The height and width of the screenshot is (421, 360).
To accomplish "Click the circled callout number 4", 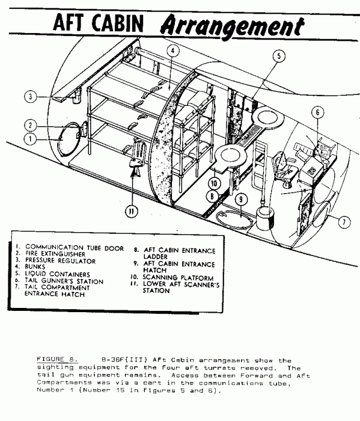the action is (172, 51).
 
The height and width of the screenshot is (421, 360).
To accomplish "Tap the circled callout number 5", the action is (279, 56).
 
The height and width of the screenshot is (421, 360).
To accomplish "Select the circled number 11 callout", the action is (132, 211).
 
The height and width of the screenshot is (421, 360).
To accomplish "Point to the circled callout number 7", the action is (344, 222).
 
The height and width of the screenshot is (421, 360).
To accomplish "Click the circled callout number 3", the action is (30, 96).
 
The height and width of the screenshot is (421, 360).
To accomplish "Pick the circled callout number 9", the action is (241, 199).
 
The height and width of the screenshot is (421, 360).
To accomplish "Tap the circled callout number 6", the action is (317, 112).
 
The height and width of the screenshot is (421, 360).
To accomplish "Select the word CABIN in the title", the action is (118, 23).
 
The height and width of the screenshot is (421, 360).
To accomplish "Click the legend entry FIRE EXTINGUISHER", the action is (55, 254).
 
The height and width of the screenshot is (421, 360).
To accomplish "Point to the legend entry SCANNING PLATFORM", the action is (178, 277).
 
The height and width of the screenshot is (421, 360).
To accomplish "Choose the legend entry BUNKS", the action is (35, 267).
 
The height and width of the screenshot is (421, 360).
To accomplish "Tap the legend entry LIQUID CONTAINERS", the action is (58, 274).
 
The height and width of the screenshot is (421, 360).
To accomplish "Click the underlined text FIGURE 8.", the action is (57, 359).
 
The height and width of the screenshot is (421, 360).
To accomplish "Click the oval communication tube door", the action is (69, 140).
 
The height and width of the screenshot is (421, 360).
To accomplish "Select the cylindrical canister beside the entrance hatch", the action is (265, 218).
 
